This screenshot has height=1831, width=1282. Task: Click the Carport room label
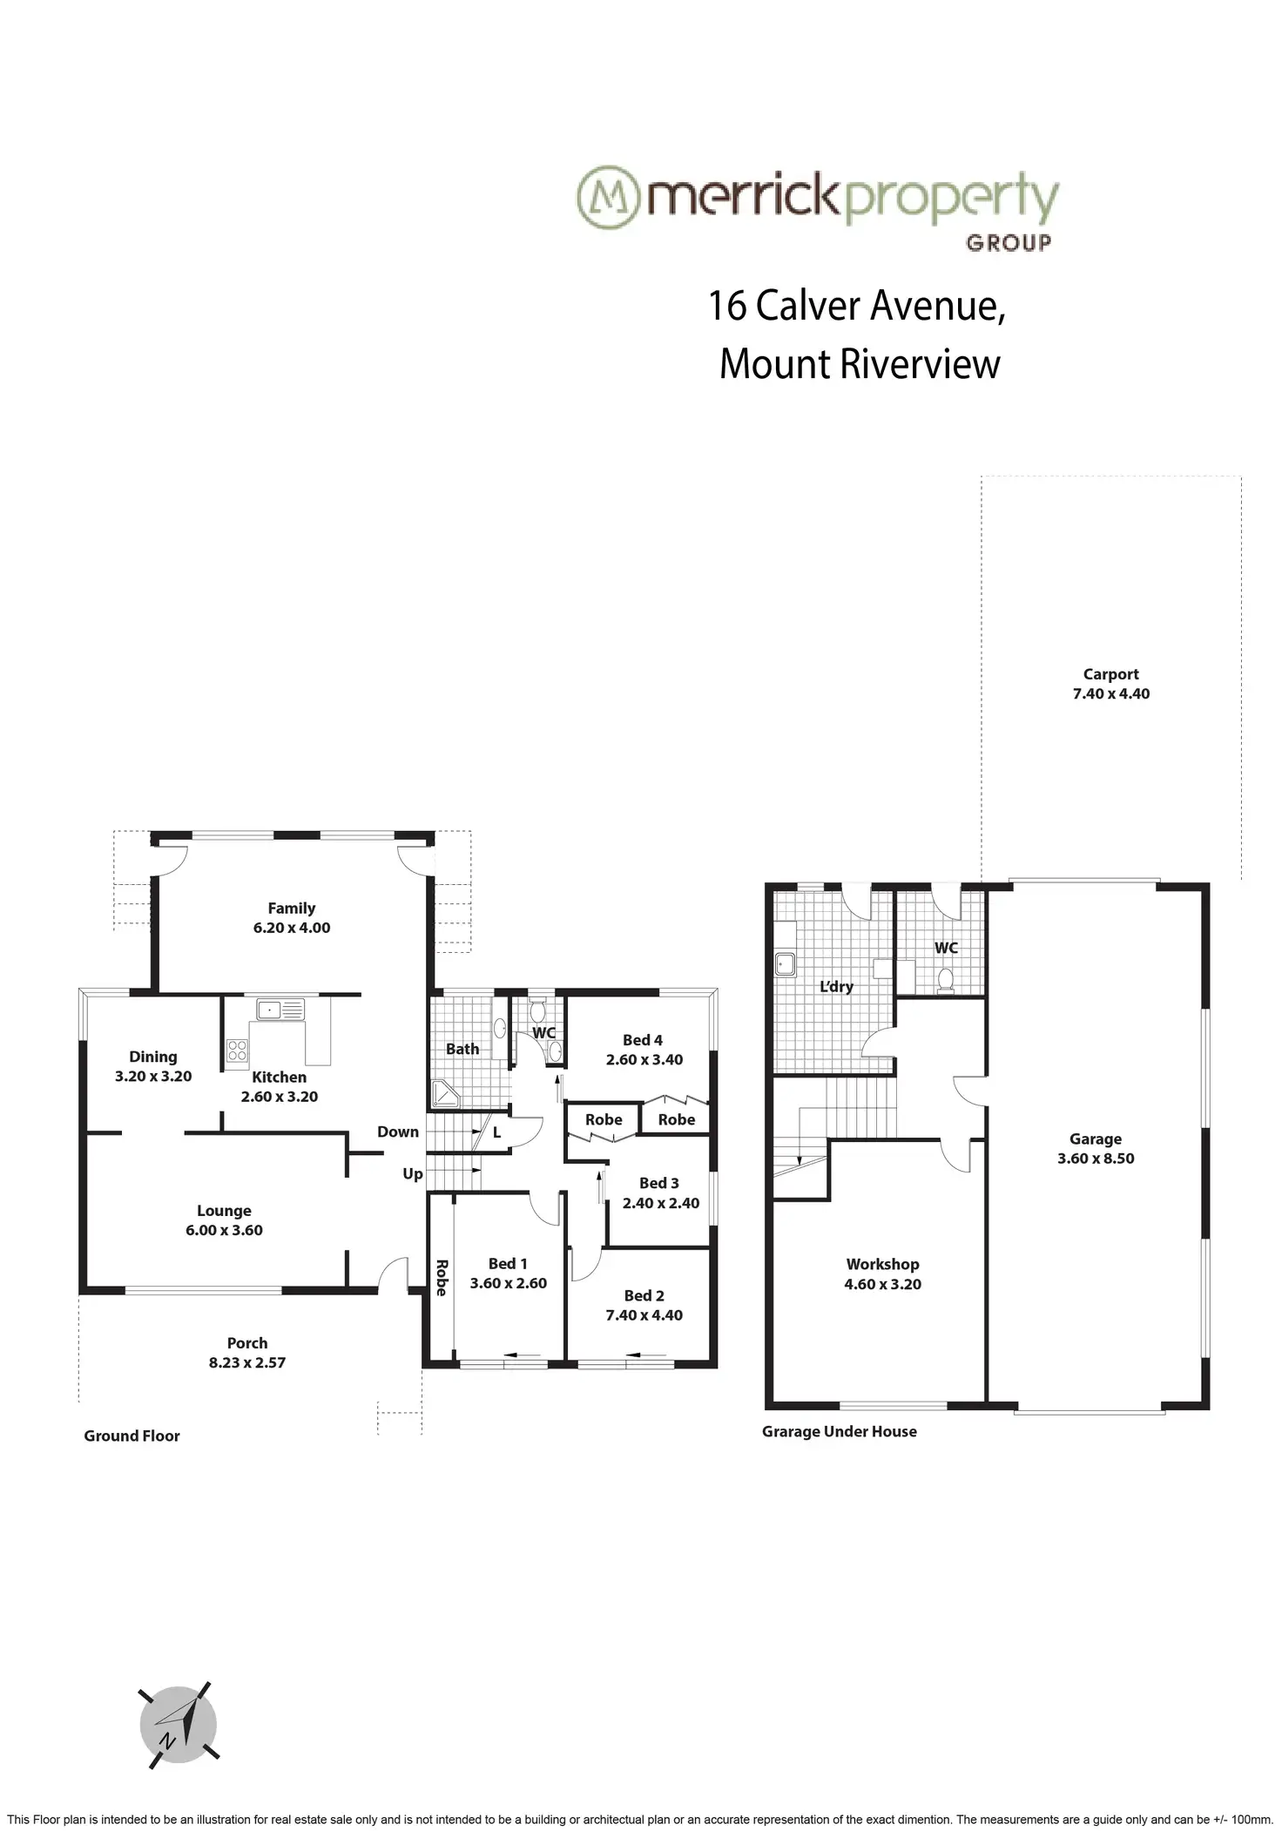(1110, 674)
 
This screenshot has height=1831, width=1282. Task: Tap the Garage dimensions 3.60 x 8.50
(1096, 1159)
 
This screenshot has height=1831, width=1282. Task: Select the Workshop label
(882, 1264)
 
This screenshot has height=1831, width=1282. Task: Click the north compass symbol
(179, 1725)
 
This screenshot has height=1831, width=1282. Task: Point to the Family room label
(291, 908)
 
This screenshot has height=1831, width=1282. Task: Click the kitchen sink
(280, 1010)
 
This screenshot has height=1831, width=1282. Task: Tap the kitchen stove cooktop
(237, 1051)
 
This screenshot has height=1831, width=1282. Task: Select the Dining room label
(153, 1057)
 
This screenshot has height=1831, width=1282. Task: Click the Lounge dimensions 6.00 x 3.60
(224, 1230)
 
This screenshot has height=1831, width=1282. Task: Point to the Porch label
(247, 1343)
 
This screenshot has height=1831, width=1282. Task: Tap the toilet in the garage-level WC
(944, 981)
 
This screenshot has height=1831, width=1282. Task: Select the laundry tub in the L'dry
(785, 963)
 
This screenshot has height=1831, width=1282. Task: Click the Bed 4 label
(643, 1040)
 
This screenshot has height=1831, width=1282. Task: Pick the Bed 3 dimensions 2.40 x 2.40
(661, 1203)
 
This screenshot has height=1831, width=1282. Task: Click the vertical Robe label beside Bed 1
(441, 1278)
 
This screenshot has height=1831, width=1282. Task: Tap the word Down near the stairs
(398, 1132)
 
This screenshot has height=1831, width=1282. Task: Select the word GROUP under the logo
(1008, 242)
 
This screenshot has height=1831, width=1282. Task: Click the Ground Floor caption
(132, 1436)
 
